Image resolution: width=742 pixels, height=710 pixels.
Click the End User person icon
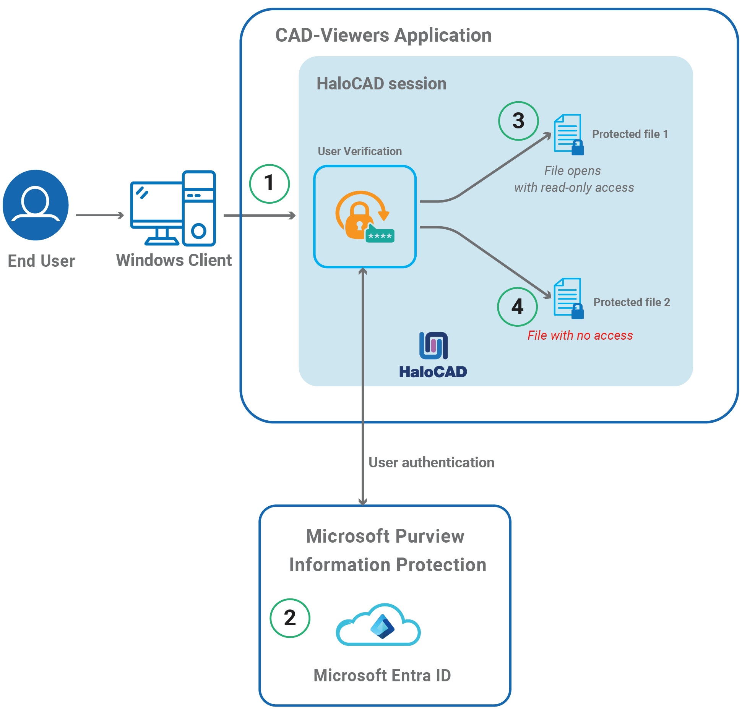pyautogui.click(x=36, y=205)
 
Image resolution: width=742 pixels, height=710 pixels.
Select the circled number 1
pyautogui.click(x=270, y=184)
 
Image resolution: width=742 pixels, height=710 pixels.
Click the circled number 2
pyautogui.click(x=290, y=618)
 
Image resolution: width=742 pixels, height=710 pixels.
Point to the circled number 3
pyautogui.click(x=518, y=121)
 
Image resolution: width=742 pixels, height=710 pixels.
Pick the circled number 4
pyautogui.click(x=517, y=307)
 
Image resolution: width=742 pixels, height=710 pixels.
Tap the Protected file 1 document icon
pyautogui.click(x=568, y=134)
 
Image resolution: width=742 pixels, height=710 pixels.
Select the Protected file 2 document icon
pyautogui.click(x=568, y=298)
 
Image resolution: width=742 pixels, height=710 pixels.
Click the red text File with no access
pyautogui.click(x=580, y=336)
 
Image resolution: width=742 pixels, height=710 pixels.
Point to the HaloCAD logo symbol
pyautogui.click(x=434, y=346)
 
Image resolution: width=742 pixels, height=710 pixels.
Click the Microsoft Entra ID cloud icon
pyautogui.click(x=378, y=625)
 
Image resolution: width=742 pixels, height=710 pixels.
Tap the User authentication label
pyautogui.click(x=431, y=462)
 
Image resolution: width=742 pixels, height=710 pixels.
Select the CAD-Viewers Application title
pyautogui.click(x=383, y=36)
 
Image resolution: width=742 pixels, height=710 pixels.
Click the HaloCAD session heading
pyautogui.click(x=381, y=84)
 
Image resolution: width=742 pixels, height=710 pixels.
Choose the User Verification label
pyautogui.click(x=360, y=151)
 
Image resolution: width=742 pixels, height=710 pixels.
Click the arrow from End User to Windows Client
pyautogui.click(x=100, y=215)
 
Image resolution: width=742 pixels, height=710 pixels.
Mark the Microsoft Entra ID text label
pyautogui.click(x=382, y=676)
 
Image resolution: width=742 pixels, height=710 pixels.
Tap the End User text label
pyautogui.click(x=41, y=261)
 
